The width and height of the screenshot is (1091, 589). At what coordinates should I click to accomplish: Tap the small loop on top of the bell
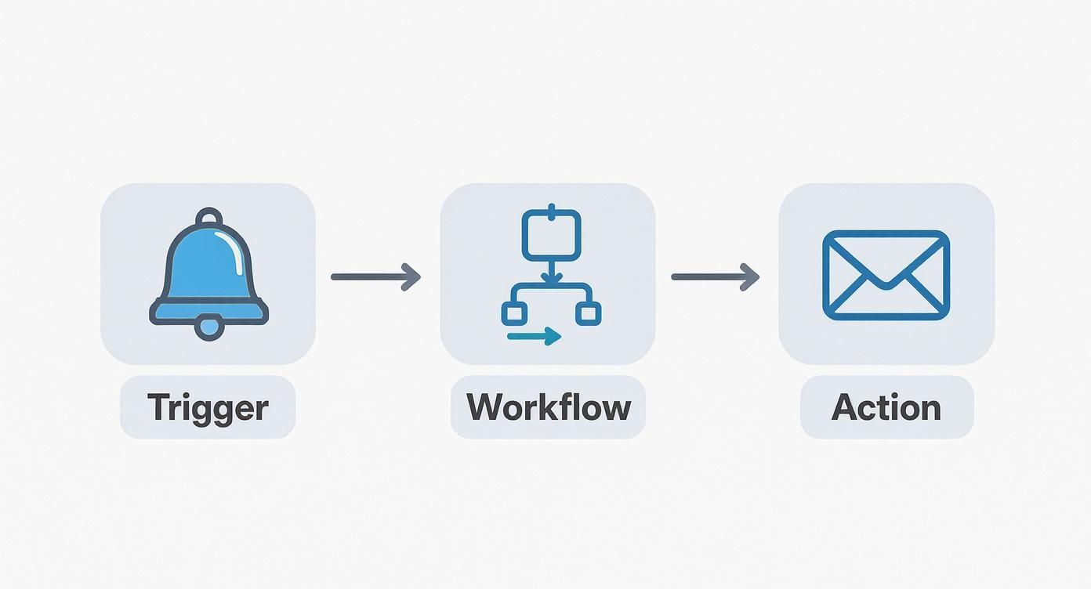(209, 216)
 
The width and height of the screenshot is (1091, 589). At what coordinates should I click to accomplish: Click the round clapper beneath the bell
(208, 327)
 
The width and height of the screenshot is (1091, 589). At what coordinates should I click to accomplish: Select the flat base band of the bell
(208, 313)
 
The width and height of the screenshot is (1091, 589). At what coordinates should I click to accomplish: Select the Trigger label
(208, 407)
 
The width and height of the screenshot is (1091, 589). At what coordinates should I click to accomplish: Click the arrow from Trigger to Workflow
(375, 276)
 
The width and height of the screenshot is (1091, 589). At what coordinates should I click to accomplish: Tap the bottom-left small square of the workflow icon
(513, 314)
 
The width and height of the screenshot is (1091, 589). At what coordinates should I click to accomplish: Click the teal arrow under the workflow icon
(535, 337)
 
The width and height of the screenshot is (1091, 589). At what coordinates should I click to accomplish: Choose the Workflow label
(548, 407)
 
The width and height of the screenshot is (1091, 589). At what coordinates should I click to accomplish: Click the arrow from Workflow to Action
(716, 276)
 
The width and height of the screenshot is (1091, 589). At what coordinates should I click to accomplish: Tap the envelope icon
(886, 275)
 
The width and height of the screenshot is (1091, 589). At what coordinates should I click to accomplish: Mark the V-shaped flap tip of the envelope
(886, 285)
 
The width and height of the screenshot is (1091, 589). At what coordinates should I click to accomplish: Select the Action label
(886, 407)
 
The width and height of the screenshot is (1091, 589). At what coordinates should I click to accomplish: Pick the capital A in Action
(846, 407)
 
